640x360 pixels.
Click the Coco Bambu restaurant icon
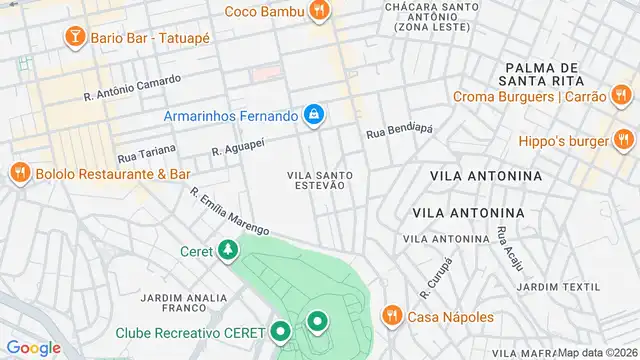click(320, 11)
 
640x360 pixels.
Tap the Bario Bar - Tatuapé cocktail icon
click(74, 37)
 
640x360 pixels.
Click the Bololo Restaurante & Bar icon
click(19, 173)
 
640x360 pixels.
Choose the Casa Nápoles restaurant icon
click(391, 317)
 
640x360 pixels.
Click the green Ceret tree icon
click(230, 251)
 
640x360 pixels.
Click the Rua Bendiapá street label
click(399, 131)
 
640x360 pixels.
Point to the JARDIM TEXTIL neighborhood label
click(552, 286)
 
